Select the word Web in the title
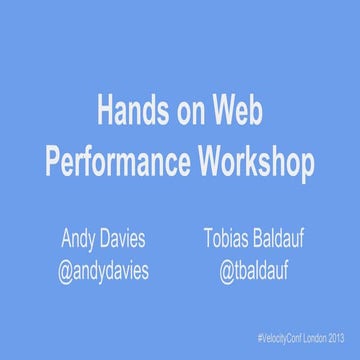(x=236, y=109)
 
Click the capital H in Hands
(x=103, y=109)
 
